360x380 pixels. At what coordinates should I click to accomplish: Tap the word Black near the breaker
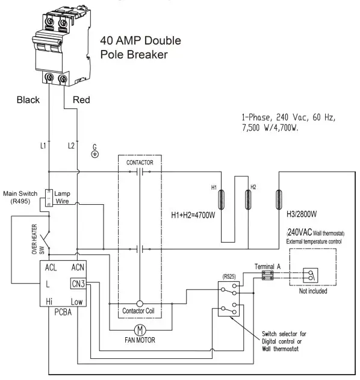[x=28, y=100]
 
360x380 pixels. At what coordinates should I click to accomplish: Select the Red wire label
[x=82, y=100]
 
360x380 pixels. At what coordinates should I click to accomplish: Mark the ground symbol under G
[x=95, y=154]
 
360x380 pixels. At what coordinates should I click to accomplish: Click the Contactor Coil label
[x=140, y=311]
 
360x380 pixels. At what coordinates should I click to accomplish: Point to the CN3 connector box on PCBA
[x=78, y=284]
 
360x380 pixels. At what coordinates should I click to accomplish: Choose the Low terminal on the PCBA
[x=77, y=301]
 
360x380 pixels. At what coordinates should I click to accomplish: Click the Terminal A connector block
[x=267, y=275]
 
